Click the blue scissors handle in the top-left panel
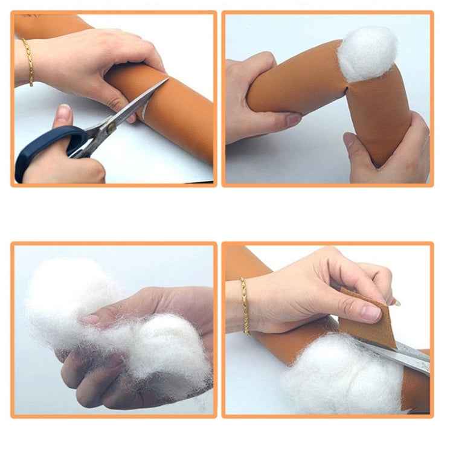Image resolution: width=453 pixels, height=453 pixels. (45, 148)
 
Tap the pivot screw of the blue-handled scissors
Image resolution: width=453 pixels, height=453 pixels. (111, 127)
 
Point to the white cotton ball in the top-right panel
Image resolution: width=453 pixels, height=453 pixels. (367, 54)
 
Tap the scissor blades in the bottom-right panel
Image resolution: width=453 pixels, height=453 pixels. (402, 356)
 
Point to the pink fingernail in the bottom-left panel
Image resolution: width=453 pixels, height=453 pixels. (91, 319)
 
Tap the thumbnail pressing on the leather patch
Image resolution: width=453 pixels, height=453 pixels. (370, 312)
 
